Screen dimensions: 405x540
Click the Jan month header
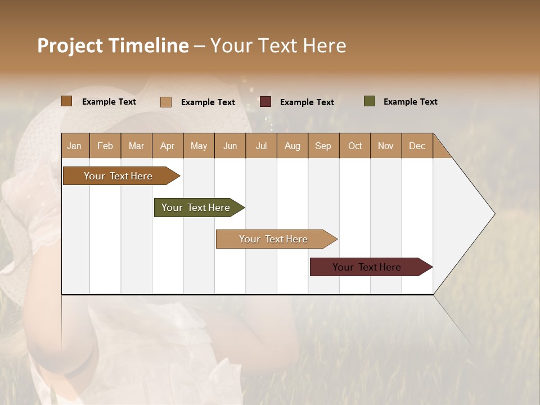(75, 146)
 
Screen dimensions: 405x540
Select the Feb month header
(105, 146)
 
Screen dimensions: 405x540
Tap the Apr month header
(167, 146)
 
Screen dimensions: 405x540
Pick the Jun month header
(230, 146)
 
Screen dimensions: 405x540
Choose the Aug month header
(292, 146)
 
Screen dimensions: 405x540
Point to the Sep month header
(323, 146)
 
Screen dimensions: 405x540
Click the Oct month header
(355, 146)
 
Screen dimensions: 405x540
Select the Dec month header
(417, 146)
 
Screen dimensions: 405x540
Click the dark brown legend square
(66, 101)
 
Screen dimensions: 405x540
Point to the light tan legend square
(165, 102)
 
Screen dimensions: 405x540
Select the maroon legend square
(265, 102)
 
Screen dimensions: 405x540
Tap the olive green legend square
(369, 101)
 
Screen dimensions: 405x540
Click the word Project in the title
(70, 46)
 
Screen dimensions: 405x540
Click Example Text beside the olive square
(410, 102)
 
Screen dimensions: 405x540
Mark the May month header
(199, 146)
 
